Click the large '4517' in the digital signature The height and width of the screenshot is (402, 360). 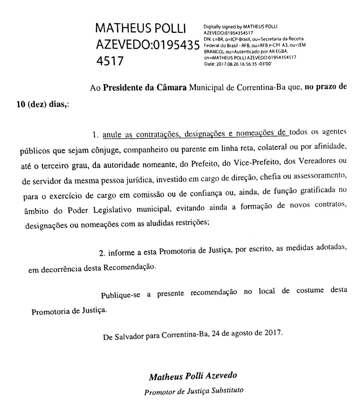pyautogui.click(x=110, y=61)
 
